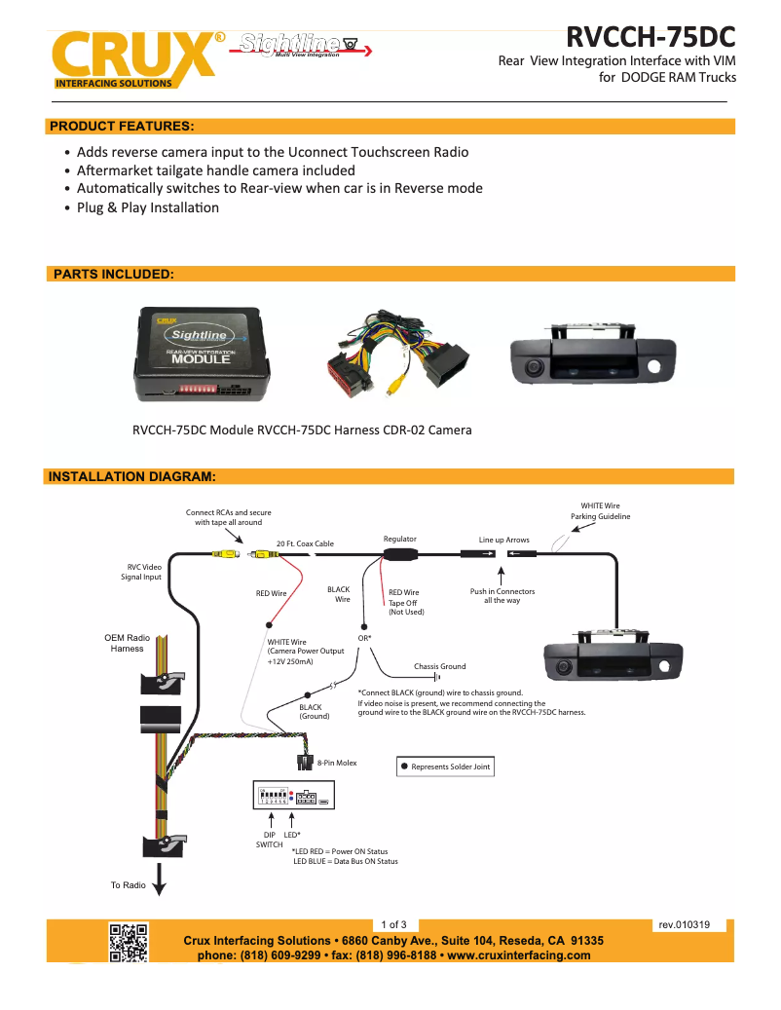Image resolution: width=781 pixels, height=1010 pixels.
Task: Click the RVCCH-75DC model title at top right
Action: (x=651, y=37)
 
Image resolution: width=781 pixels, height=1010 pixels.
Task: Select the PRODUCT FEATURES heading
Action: (x=122, y=127)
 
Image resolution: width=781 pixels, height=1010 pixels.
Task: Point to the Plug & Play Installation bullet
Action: (x=148, y=207)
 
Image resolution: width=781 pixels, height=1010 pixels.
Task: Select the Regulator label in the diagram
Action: (x=399, y=539)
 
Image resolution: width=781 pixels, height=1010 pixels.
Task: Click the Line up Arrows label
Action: (x=503, y=539)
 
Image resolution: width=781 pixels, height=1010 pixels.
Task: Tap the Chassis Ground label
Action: (x=439, y=666)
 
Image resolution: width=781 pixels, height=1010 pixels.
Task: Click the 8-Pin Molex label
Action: (x=337, y=763)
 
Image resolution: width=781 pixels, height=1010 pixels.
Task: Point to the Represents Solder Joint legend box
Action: (x=445, y=767)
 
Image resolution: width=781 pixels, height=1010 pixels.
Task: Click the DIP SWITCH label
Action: (x=269, y=840)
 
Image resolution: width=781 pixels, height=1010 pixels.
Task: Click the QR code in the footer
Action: (x=128, y=942)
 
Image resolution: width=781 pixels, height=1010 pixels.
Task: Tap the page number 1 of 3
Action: (x=393, y=924)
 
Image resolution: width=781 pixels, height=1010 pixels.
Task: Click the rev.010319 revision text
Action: (x=684, y=925)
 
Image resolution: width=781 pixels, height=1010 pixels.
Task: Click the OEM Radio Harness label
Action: (x=127, y=643)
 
